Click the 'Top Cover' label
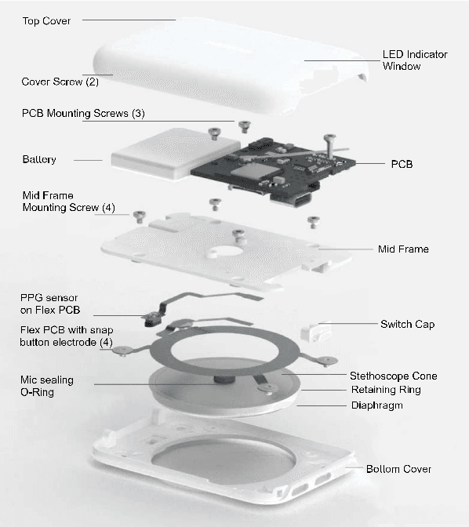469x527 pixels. click(x=46, y=20)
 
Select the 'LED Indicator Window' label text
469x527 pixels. click(x=414, y=60)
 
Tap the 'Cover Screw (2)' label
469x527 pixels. click(x=60, y=82)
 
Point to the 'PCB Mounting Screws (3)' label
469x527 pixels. click(x=83, y=113)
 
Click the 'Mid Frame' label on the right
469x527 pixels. click(x=403, y=249)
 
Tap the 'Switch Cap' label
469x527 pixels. click(x=407, y=324)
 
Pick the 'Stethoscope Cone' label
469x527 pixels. click(x=403, y=376)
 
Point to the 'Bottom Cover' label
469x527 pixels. click(x=398, y=469)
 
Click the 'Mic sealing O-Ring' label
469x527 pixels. click(x=48, y=386)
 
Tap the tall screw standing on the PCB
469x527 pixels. click(x=329, y=144)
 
